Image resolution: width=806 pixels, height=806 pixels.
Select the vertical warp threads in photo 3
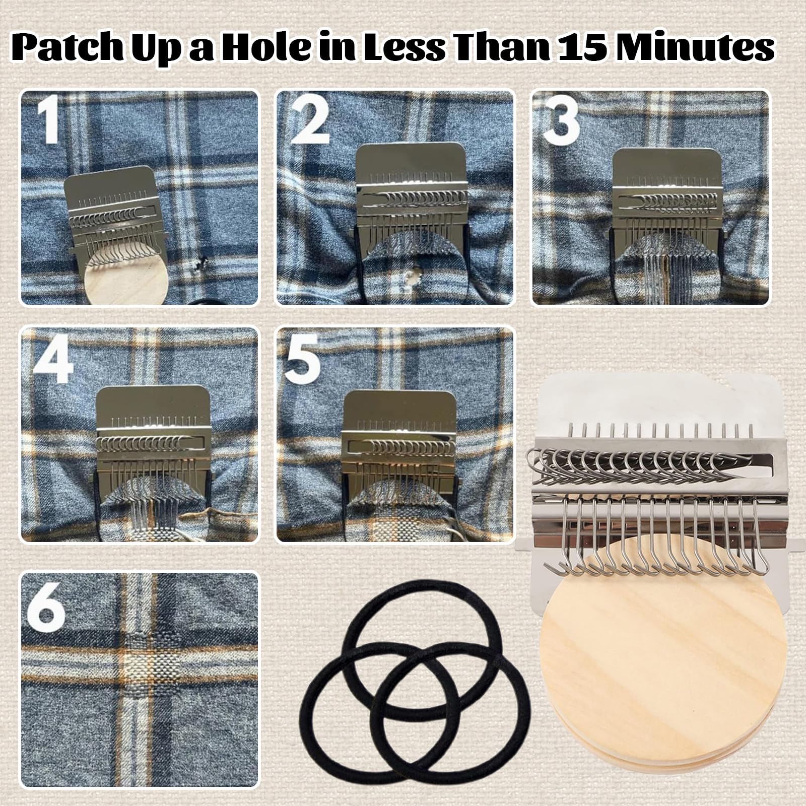coord(657,275)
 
